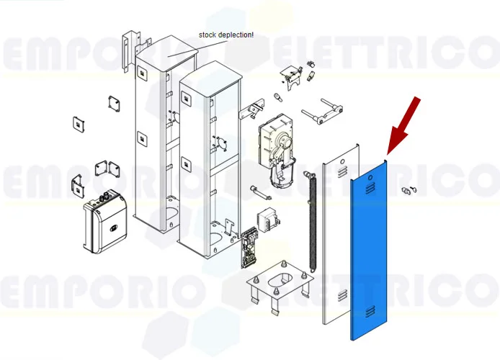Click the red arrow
(403, 125)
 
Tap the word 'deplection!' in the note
(238, 35)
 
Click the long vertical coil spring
(312, 223)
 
